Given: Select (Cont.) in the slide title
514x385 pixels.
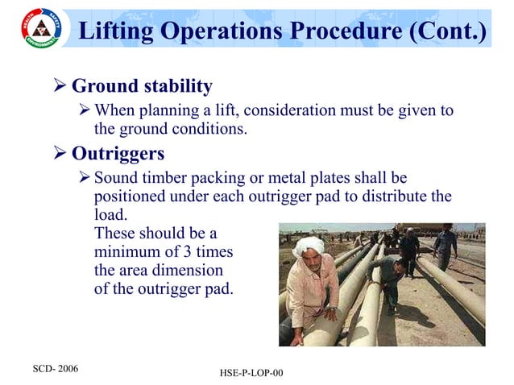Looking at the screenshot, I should pyautogui.click(x=448, y=32).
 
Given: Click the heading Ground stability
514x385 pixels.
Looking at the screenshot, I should pyautogui.click(x=142, y=85).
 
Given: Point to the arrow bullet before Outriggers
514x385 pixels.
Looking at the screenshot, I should pyautogui.click(x=59, y=153).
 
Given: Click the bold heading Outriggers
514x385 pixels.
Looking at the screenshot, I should pyautogui.click(x=118, y=153).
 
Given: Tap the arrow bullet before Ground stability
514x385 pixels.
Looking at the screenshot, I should pyautogui.click(x=59, y=85).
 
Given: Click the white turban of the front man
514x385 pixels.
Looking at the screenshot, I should pyautogui.click(x=309, y=244).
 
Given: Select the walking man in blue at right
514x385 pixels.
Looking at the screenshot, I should pyautogui.click(x=445, y=245).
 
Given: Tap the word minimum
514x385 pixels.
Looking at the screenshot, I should pyautogui.click(x=129, y=251).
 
